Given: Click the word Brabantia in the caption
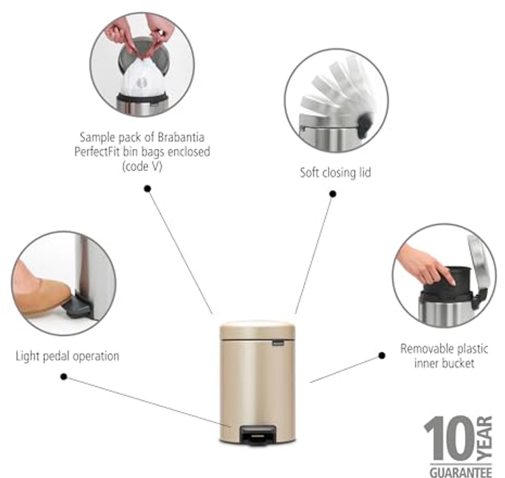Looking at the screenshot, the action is pos(181,138).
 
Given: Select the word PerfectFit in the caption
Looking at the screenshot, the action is pos(97,152).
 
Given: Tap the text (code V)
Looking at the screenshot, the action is pos(142,166).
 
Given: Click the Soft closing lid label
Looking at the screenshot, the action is pos(335,173).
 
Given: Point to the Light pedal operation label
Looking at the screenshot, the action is pos(68,357).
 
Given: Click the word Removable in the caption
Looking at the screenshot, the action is pos(424,349).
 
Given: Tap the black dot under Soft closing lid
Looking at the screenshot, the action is pos(332,194).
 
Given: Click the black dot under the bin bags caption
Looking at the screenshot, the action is pos(147,189).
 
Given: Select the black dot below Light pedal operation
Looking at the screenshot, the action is pos(64,377).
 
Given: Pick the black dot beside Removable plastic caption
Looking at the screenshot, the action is pos(382,355).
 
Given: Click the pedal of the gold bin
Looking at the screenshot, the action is pos(258,436).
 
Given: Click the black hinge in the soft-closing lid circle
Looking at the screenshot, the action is pos(365,125).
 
